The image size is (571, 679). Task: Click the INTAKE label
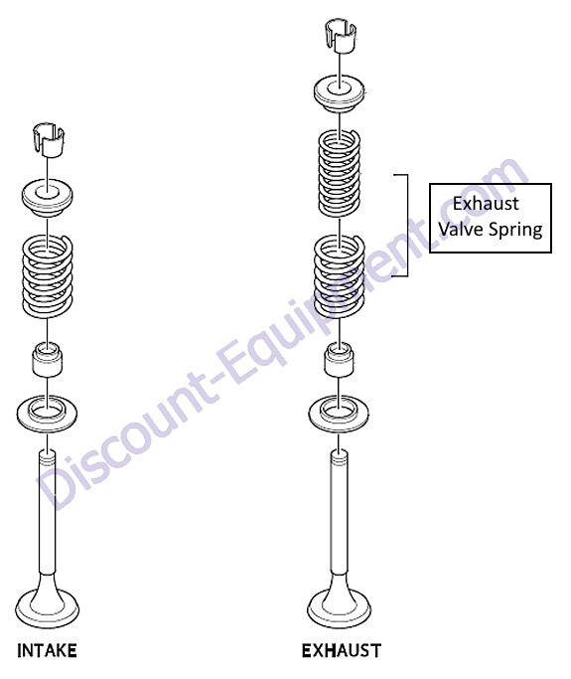(47, 651)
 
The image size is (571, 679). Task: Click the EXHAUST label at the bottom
(342, 651)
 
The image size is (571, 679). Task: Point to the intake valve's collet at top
(49, 140)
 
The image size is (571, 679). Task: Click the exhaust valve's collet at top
(341, 36)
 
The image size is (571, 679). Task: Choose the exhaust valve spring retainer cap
(340, 95)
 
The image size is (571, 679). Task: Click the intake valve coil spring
(48, 275)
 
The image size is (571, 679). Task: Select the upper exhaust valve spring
(340, 174)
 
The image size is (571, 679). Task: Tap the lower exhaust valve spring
(340, 275)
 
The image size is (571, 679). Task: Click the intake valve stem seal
(48, 359)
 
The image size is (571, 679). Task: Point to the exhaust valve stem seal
(340, 359)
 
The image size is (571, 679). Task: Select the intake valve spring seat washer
(48, 414)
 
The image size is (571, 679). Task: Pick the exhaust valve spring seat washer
(340, 414)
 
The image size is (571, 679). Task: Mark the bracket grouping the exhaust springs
(407, 226)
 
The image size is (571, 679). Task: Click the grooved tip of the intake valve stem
(48, 458)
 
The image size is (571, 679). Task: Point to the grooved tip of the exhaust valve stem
(340, 458)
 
